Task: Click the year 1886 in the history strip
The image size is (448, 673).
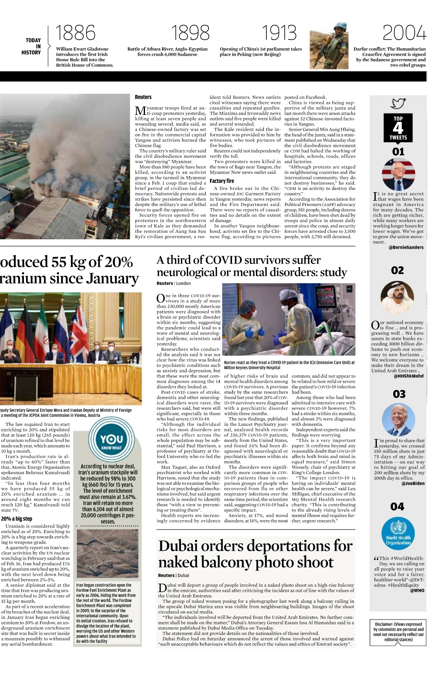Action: pos(75,33)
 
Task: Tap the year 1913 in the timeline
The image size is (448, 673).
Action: pos(279,33)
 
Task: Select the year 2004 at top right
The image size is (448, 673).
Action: pos(404,33)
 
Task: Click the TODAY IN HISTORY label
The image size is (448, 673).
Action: pos(33,46)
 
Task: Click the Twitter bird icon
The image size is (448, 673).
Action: pos(398,103)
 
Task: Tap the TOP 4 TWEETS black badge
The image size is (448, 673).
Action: pos(398,128)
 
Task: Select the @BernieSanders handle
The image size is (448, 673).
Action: pos(406,248)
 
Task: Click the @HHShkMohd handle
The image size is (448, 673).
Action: pos(408,376)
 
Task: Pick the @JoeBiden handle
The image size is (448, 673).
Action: pos(413,483)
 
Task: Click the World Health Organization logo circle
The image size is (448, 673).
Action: pos(398,534)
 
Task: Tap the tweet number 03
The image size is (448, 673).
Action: pos(399,394)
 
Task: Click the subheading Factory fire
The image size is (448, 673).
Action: pos(222,181)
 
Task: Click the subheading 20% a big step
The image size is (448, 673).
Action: pos(16,519)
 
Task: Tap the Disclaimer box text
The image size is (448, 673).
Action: pos(398,632)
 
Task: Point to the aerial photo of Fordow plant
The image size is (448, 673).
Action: pos(108,554)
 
